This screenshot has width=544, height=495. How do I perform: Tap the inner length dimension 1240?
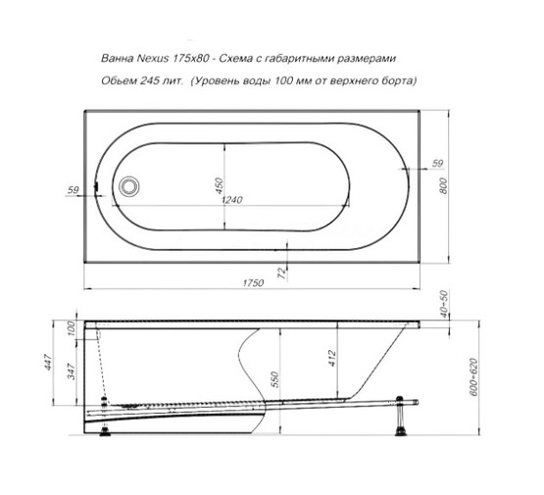point(233,200)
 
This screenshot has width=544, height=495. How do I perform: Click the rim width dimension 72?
point(282,272)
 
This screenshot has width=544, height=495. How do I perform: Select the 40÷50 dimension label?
point(445,303)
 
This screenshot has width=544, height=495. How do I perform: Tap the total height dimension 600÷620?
point(476,376)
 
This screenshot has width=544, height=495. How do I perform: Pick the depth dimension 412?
point(331,359)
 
